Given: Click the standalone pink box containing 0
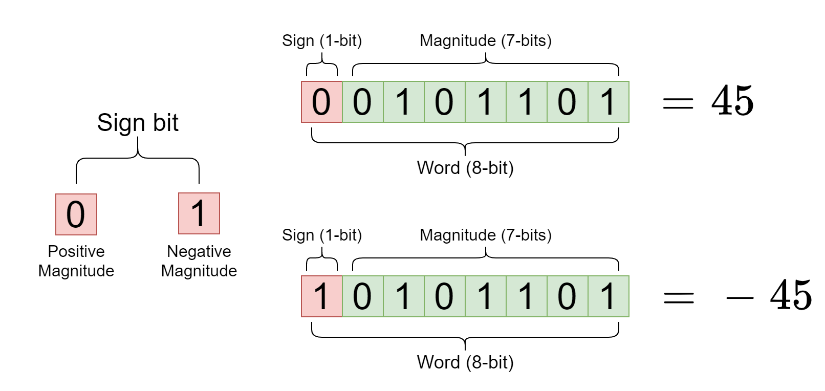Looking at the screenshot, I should click(76, 214).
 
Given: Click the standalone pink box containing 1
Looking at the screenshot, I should click(199, 213).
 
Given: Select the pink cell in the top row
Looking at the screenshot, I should click(321, 102).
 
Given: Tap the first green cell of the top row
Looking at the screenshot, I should click(362, 102).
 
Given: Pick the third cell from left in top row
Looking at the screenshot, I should click(403, 102).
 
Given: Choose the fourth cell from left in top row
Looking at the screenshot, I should click(444, 102).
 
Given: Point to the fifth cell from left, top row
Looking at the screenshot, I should click(485, 102).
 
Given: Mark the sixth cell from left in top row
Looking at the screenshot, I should click(526, 102).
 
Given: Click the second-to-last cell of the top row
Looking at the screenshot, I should click(567, 102).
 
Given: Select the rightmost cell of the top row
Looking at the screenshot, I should click(608, 102).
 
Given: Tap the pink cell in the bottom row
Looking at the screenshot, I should click(321, 296).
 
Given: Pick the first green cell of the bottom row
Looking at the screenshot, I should click(362, 296).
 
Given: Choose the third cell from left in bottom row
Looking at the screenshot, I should click(403, 296).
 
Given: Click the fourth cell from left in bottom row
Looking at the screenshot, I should click(444, 296).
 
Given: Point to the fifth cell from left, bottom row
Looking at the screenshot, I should click(485, 296).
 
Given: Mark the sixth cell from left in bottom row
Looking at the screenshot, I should click(526, 296).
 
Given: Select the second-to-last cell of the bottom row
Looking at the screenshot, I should click(567, 296).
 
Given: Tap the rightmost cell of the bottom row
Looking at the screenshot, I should click(608, 296).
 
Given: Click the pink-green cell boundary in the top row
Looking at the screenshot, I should click(342, 102).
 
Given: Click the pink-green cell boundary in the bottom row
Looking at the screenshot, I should click(342, 296).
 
